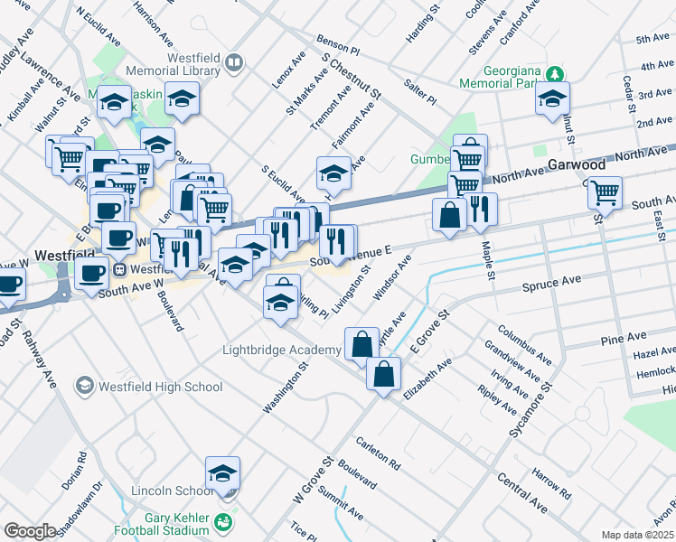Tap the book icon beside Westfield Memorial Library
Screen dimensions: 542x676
[x=234, y=62]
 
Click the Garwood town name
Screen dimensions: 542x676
[x=576, y=164]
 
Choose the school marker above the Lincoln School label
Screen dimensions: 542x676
[x=222, y=473]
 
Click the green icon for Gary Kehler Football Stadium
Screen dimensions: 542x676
[x=222, y=521]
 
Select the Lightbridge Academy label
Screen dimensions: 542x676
[x=278, y=350]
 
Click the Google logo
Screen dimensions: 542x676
[x=30, y=531]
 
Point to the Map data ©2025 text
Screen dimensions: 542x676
[x=637, y=535]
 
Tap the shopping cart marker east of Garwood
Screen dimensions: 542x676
[x=605, y=192]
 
